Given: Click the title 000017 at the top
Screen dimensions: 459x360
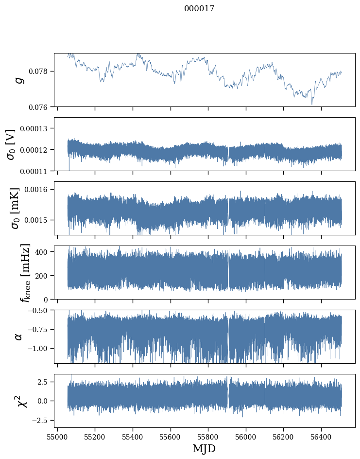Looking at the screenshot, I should (x=199, y=8).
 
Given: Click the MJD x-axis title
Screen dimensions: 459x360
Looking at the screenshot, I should (x=204, y=449).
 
